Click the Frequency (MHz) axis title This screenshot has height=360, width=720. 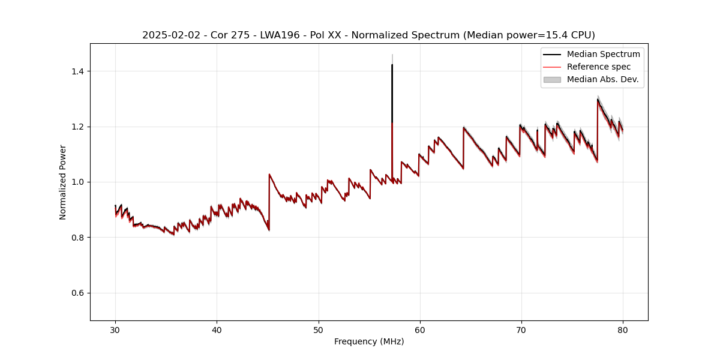(369, 341)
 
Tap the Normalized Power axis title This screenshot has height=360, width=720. (63, 182)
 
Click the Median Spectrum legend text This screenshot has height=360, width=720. (603, 54)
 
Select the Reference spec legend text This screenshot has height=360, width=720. (599, 67)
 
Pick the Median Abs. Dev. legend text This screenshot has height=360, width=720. (603, 79)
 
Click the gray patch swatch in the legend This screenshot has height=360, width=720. (551, 79)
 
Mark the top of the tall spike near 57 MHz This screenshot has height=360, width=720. (392, 64)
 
